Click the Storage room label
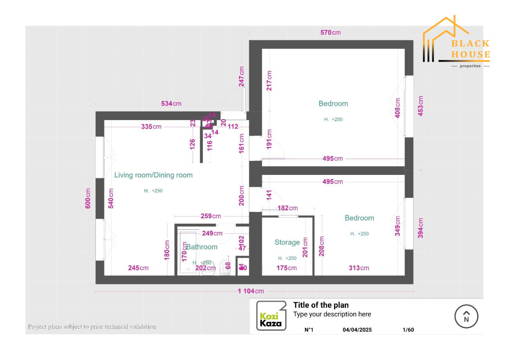coord(287,242)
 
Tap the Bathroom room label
coord(202,247)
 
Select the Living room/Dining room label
coord(154,175)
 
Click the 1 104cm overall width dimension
coord(251,291)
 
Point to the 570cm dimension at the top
coord(330,33)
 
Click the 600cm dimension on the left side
coord(88,198)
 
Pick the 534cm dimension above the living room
coord(171,104)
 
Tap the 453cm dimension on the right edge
coord(420,106)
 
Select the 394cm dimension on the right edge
coord(420,228)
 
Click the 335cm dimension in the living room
coord(151,127)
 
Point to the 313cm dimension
coord(359,268)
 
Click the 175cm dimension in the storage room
coord(287,268)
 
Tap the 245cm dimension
coord(138,268)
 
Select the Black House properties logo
coord(456,42)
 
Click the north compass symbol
coord(466,317)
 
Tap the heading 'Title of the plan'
coord(321,305)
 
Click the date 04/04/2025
coord(357,329)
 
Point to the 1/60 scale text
coord(408,329)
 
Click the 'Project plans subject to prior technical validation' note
coord(92,326)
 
